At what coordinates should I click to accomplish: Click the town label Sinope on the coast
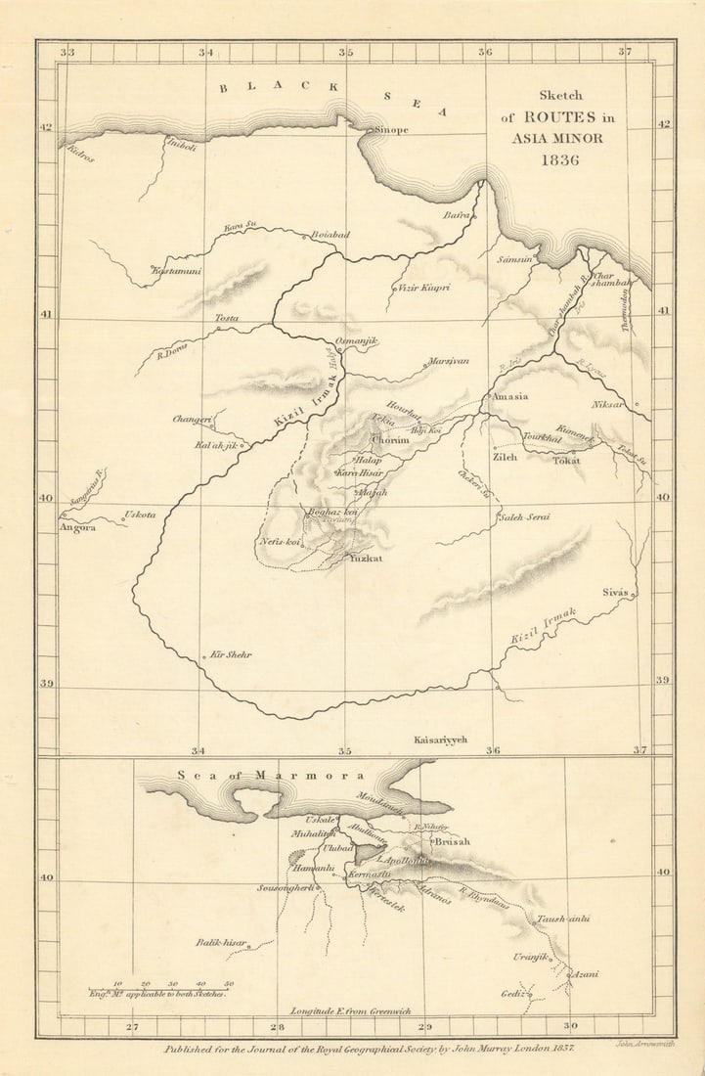[x=389, y=129]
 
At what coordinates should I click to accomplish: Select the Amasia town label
[x=508, y=396]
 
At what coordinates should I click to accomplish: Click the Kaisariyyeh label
[x=441, y=740]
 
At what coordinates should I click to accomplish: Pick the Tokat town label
[x=565, y=460]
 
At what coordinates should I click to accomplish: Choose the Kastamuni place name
[x=177, y=270]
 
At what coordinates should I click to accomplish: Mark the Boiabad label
[x=330, y=236]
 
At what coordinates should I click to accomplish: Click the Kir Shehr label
[x=231, y=654]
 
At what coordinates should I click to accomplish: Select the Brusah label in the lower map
[x=452, y=841]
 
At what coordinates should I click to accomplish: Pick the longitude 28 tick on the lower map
[x=278, y=1027]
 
